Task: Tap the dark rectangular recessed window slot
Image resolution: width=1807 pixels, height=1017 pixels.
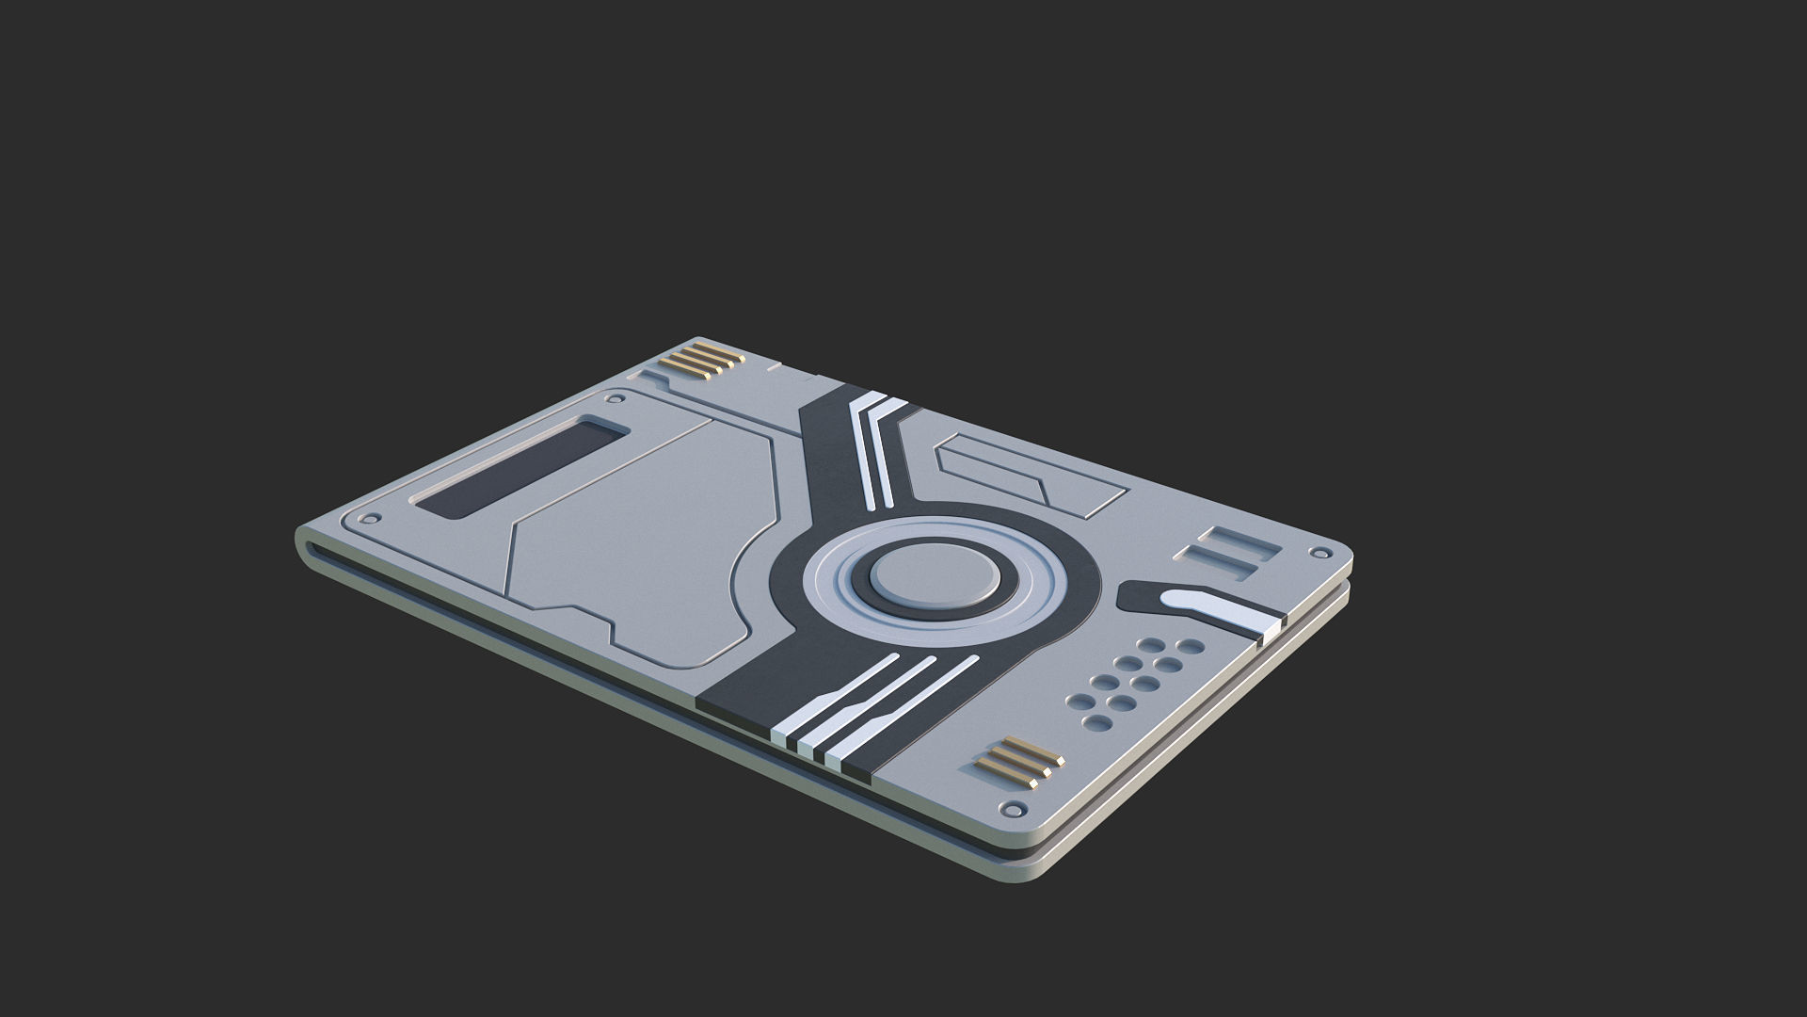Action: pos(522,466)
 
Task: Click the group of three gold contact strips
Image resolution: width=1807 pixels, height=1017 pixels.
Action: pos(1017,759)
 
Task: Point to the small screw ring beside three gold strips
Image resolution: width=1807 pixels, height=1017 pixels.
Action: pos(1014,809)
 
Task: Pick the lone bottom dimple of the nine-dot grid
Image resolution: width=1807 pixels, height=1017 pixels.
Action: pos(1097,721)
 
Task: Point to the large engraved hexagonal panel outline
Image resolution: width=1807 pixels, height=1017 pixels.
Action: pos(640,546)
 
